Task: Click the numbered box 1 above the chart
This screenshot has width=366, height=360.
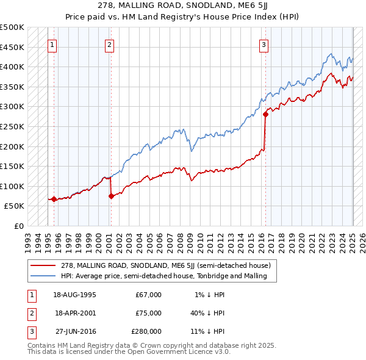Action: [x=52, y=44]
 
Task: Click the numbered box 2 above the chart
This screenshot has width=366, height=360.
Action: [x=109, y=44]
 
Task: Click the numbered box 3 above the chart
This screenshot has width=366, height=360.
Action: [x=264, y=44]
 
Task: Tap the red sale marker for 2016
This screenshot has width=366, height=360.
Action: [x=266, y=113]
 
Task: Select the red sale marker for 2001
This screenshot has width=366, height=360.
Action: [x=111, y=196]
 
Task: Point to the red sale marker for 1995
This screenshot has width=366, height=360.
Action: [x=54, y=199]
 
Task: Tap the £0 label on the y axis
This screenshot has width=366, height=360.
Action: [x=18, y=226]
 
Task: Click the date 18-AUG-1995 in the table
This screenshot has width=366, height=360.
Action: [x=75, y=295]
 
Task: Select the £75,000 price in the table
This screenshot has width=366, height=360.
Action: [x=148, y=313]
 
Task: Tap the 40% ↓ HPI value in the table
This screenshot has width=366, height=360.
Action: [x=207, y=313]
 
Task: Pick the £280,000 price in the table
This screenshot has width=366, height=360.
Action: [x=146, y=331]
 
